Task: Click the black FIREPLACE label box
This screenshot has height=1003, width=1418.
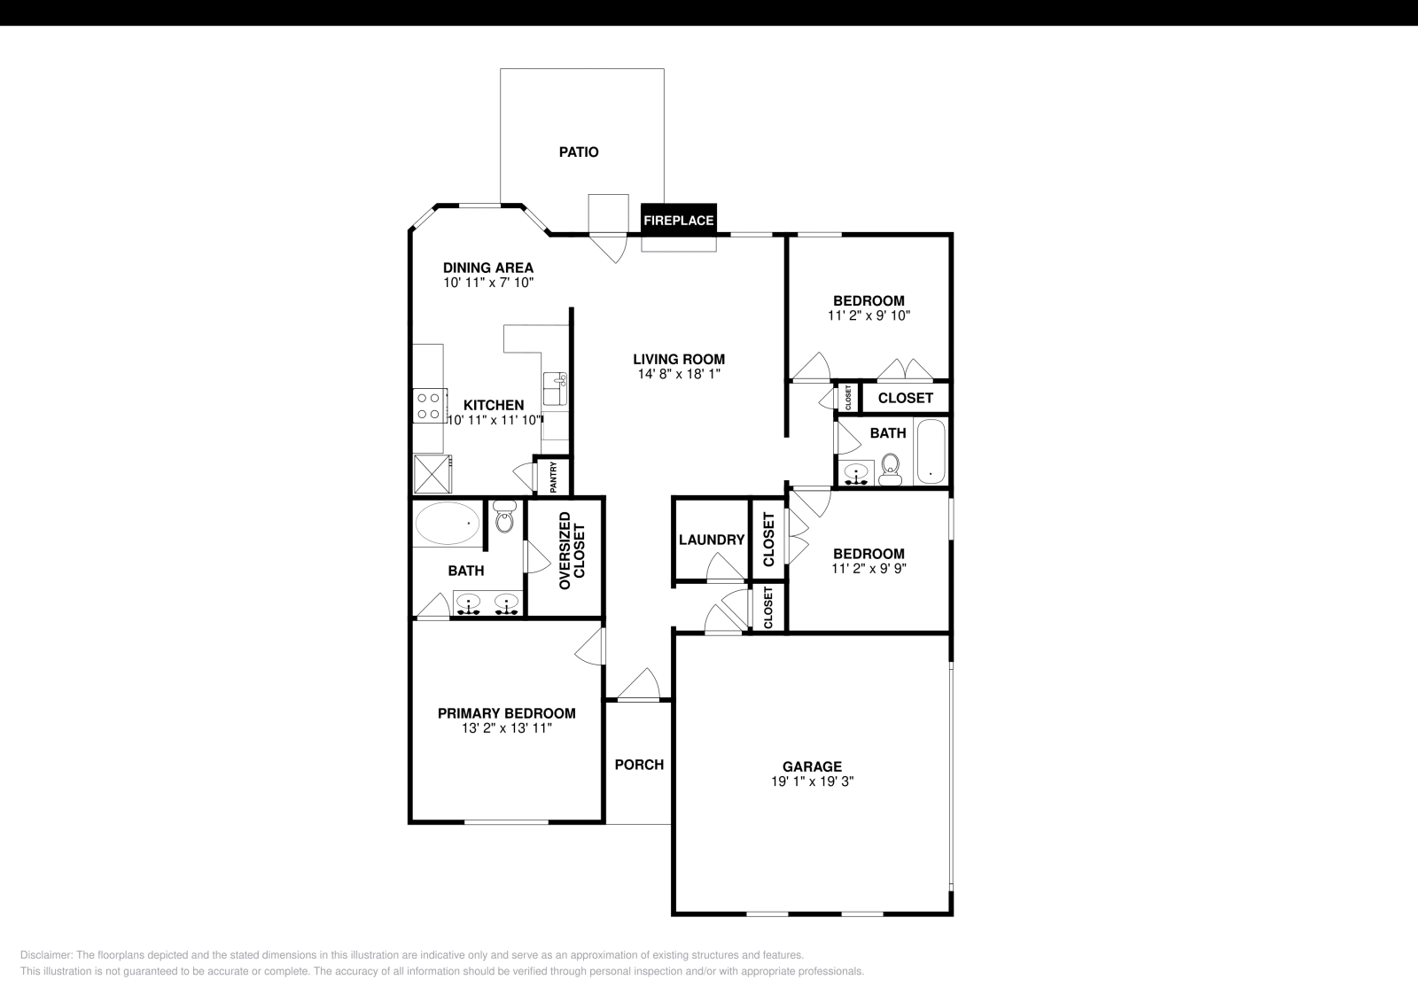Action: pyautogui.click(x=678, y=220)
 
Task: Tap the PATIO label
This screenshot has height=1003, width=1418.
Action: pyautogui.click(x=579, y=152)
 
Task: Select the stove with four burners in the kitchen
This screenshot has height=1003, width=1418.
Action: pyautogui.click(x=428, y=407)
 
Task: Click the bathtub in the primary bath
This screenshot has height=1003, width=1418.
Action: pyautogui.click(x=448, y=525)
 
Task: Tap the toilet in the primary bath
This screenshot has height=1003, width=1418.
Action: pyautogui.click(x=504, y=518)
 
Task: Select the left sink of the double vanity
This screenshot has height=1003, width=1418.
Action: pyautogui.click(x=468, y=604)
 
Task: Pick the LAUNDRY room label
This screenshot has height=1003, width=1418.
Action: pyautogui.click(x=712, y=540)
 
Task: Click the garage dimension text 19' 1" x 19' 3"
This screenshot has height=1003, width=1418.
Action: pyautogui.click(x=812, y=781)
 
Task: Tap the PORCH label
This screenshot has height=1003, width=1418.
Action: pyautogui.click(x=639, y=765)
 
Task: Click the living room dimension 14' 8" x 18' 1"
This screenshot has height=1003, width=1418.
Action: pyautogui.click(x=679, y=374)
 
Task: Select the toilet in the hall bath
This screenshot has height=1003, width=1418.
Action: pyautogui.click(x=890, y=470)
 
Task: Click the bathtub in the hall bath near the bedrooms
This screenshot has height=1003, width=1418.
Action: pyautogui.click(x=931, y=451)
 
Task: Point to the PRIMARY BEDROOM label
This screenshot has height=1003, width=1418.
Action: pyautogui.click(x=506, y=713)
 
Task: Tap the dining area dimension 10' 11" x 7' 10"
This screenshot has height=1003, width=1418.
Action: pyautogui.click(x=488, y=283)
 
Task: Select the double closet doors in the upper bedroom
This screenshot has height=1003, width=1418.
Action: pyautogui.click(x=905, y=369)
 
